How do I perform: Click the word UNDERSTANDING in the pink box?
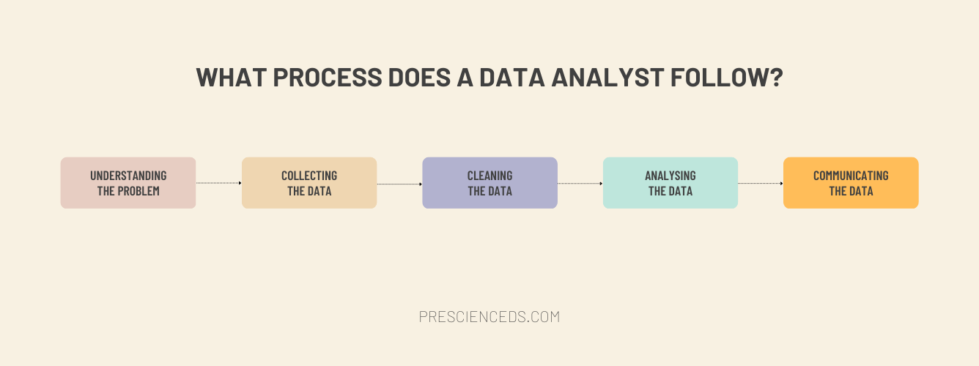[x=128, y=176]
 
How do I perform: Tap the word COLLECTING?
[x=309, y=176]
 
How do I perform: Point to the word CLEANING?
[x=489, y=176]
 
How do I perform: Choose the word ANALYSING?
[x=670, y=176]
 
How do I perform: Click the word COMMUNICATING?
[x=851, y=176]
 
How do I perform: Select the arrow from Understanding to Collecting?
[x=218, y=183]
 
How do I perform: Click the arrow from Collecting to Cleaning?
[x=399, y=184]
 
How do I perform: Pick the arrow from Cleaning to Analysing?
[x=580, y=184]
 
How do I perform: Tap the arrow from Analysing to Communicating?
[x=761, y=184]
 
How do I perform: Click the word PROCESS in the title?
[x=328, y=78]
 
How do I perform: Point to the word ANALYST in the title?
[x=607, y=78]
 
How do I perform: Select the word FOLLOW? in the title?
[x=726, y=78]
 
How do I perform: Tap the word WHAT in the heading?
[x=232, y=78]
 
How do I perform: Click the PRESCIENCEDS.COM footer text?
[x=489, y=317]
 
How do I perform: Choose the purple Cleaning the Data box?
[x=489, y=182]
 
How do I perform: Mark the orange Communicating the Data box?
[x=851, y=182]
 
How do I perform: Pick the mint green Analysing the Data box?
[x=670, y=182]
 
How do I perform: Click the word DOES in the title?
[x=419, y=78]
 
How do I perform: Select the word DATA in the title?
[x=511, y=78]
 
